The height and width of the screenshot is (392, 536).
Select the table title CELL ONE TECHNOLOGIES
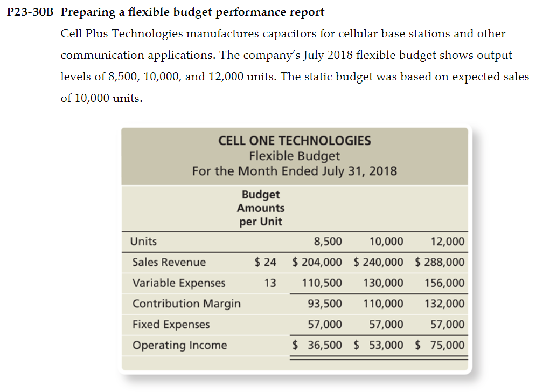[294, 141]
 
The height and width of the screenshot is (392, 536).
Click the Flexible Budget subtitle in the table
[294, 156]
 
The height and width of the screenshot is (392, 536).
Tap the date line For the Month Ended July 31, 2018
[294, 171]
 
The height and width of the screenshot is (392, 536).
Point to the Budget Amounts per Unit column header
[261, 208]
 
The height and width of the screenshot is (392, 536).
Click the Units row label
[144, 241]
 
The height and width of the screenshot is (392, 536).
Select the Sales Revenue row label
[169, 262]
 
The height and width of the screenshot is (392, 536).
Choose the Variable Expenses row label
[179, 283]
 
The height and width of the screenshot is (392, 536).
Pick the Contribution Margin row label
[186, 304]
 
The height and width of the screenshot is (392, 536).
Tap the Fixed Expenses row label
[171, 325]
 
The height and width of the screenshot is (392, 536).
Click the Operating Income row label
[180, 345]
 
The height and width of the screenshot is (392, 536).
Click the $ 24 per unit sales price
[265, 262]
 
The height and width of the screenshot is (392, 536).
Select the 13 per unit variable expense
[270, 283]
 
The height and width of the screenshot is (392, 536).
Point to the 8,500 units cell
[328, 241]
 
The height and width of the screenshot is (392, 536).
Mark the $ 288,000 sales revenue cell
[440, 262]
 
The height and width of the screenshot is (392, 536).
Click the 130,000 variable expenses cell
[383, 283]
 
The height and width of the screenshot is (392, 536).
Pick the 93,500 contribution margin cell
[324, 304]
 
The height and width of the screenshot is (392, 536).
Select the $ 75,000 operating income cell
[440, 345]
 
